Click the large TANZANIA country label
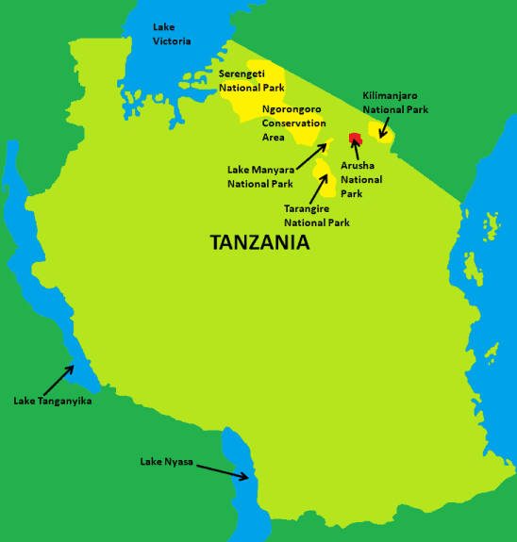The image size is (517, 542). pos(259,242)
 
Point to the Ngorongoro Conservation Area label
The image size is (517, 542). pos(294,123)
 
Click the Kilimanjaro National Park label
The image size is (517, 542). pos(395,103)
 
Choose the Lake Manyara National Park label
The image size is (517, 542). pos(260,176)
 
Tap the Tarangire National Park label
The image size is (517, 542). pos(317,216)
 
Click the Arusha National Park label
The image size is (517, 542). pos(361,179)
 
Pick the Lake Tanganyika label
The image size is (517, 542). pos(52,401)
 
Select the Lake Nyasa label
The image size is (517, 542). pos(167,461)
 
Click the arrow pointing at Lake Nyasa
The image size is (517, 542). pos(224,469)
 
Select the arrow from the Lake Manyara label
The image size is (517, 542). pos(313,155)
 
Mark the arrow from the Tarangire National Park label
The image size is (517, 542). pos(323,187)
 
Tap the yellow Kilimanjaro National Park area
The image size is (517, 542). pos(378,133)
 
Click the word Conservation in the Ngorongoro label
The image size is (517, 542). pos(294,123)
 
